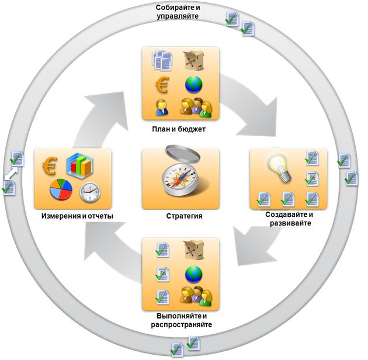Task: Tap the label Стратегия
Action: click(180, 216)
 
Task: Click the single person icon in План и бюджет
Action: click(161, 106)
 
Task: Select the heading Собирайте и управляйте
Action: click(180, 12)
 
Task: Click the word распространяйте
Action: click(180, 325)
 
